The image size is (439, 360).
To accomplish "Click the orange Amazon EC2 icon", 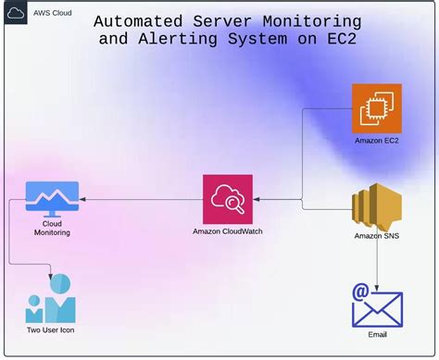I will pos(377,107).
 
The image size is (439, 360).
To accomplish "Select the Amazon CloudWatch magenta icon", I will pos(227,198).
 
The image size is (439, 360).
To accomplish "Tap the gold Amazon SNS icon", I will pos(377,205).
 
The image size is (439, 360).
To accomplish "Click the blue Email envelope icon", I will pos(378,305).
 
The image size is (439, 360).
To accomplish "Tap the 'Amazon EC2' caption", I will pos(377,140).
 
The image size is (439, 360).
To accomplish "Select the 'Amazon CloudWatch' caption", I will pos(228,231).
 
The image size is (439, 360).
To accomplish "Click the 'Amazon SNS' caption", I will pos(377,236).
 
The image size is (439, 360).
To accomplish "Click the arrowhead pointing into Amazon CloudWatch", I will pos(258,198).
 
